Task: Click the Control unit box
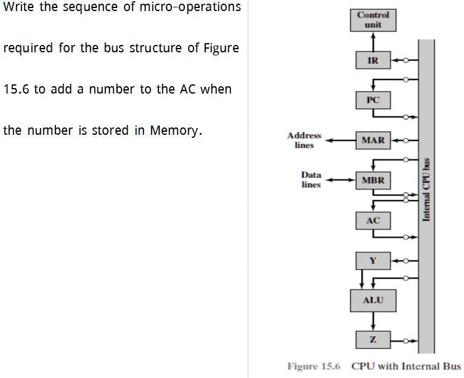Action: [x=373, y=20]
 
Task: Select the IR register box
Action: [x=373, y=60]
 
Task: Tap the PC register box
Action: [x=373, y=100]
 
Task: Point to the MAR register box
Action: [x=373, y=140]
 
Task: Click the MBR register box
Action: [x=373, y=180]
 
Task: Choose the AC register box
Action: [x=373, y=220]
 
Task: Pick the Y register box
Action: [x=373, y=260]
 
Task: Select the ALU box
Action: [x=373, y=300]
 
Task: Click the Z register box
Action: [x=373, y=340]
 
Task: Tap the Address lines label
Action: [x=304, y=140]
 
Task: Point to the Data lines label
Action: [x=311, y=180]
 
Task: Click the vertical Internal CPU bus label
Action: [x=426, y=190]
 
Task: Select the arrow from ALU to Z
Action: [x=373, y=320]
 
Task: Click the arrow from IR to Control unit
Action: [x=373, y=41]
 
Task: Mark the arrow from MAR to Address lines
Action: [x=341, y=140]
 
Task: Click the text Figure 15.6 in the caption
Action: [x=314, y=366]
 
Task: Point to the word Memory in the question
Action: [x=176, y=131]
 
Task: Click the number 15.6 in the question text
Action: [x=17, y=89]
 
